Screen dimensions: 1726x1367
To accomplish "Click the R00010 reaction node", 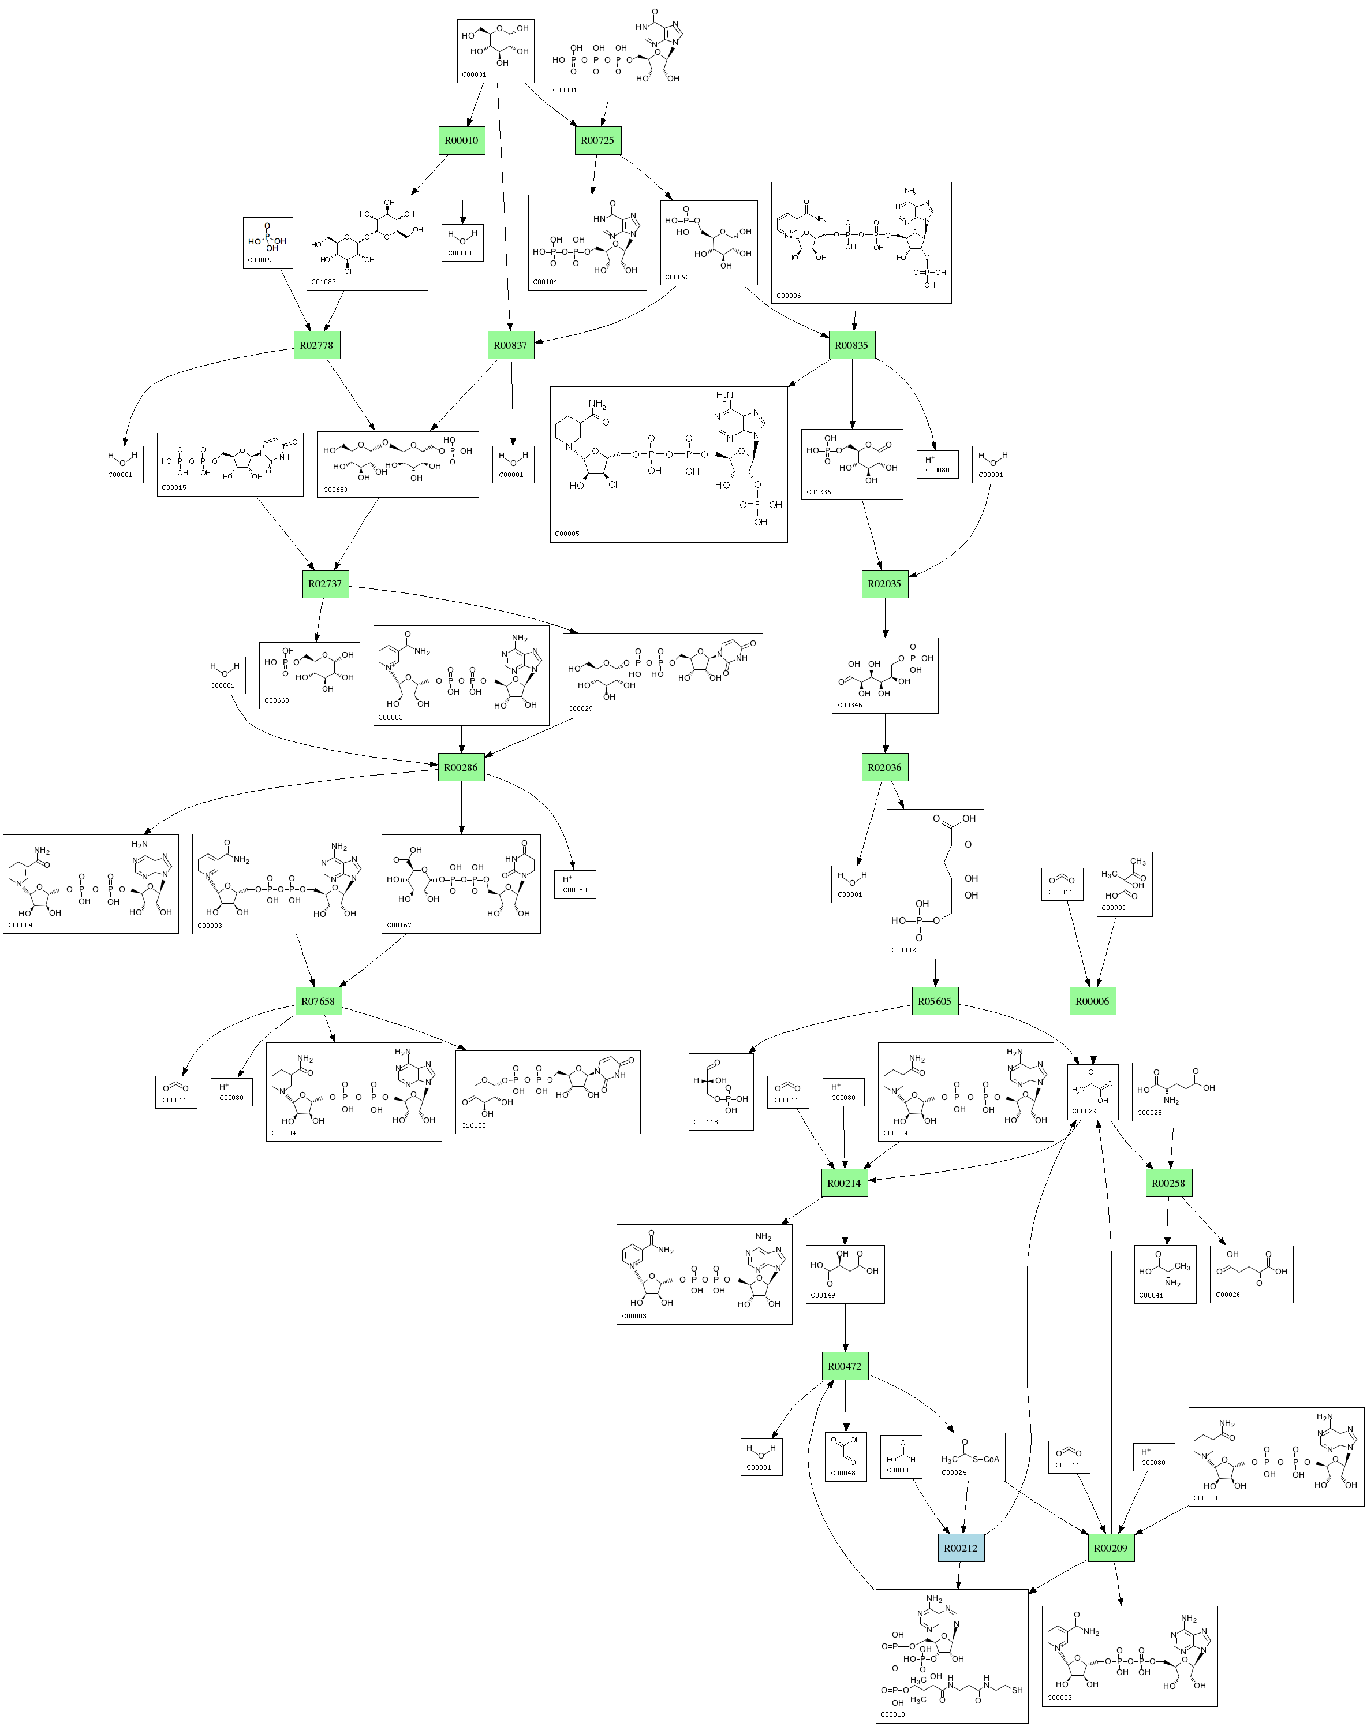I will (x=462, y=140).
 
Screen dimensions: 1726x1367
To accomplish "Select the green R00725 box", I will (x=597, y=140).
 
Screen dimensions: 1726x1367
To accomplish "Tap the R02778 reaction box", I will (x=316, y=345).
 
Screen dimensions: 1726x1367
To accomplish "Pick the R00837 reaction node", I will (x=511, y=345).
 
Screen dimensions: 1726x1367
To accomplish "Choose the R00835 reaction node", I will (x=851, y=345).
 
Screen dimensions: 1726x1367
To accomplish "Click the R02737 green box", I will (x=325, y=584).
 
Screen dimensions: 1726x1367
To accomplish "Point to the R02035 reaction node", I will (x=884, y=584).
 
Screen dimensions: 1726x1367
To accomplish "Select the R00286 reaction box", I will (x=461, y=767).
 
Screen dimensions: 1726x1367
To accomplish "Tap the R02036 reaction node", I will (x=884, y=767).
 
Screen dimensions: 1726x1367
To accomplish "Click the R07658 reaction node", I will (x=319, y=1001).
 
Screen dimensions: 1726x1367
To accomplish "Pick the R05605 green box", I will (x=935, y=1001).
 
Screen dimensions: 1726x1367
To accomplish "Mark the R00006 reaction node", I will (x=1092, y=1001).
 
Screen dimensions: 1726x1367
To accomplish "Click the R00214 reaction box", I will (x=845, y=1183).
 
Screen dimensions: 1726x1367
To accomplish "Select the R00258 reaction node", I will (x=1168, y=1183).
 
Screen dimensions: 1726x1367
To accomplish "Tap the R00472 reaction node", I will (x=845, y=1366).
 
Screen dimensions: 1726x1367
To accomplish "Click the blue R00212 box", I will (x=961, y=1548).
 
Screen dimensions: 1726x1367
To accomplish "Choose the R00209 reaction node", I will (x=1111, y=1548).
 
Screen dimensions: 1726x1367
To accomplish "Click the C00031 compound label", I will (x=474, y=74).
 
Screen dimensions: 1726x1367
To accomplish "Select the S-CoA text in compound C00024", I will (x=986, y=1459).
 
